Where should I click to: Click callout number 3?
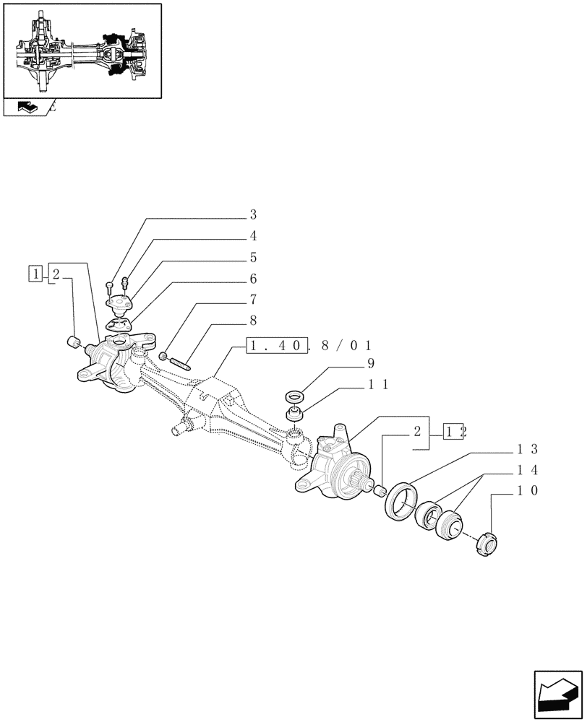coord(254,214)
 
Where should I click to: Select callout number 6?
coord(254,279)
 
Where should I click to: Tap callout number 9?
coord(370,363)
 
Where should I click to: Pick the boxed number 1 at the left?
coord(35,273)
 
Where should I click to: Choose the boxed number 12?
coord(455,432)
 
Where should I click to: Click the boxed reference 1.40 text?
coord(278,346)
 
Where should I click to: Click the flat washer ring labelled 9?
coord(296,396)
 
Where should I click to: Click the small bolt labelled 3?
coord(108,287)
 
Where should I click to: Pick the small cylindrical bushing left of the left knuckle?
coord(72,341)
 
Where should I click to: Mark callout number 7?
coord(254,300)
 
